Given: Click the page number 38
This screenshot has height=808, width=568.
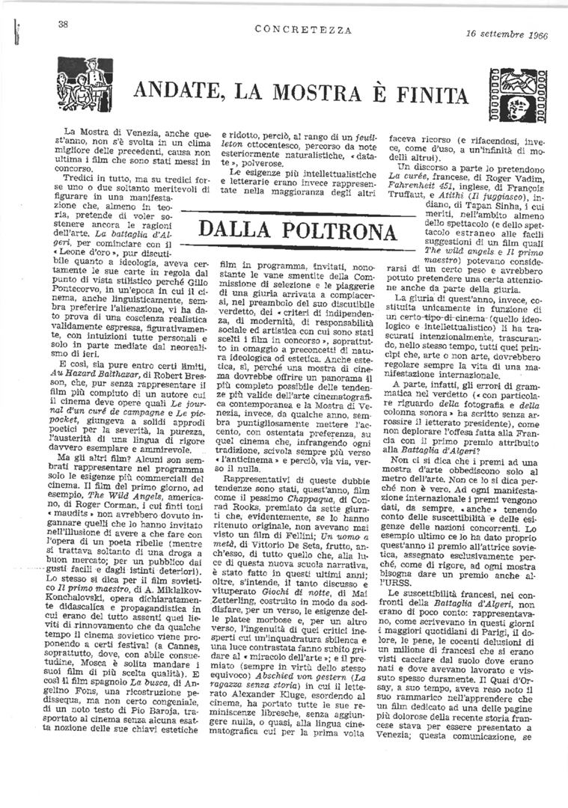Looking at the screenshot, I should pos(64,25).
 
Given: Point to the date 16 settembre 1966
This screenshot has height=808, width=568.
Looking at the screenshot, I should pos(504,34).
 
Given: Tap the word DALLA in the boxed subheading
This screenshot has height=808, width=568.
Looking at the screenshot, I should pos(237,231).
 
